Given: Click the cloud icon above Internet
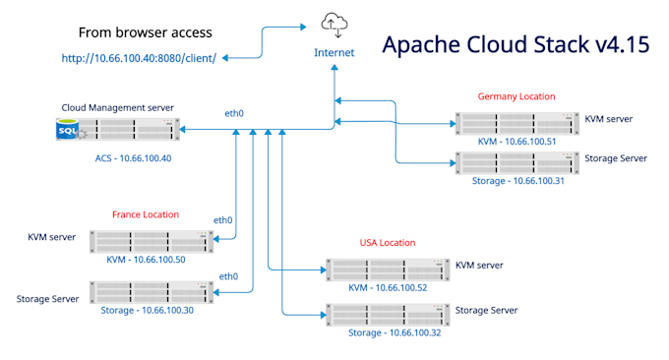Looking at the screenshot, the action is click(x=334, y=25).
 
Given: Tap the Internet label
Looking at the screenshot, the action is click(x=334, y=52).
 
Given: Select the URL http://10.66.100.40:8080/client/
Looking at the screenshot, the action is click(x=139, y=58).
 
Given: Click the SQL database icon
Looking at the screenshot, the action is click(x=68, y=129).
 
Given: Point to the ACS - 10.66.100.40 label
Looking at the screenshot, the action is click(x=133, y=158).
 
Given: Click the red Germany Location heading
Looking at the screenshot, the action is click(x=517, y=96).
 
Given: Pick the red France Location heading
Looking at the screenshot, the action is click(x=146, y=214).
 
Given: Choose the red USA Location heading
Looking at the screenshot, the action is click(x=388, y=243).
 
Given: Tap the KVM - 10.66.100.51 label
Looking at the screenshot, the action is click(x=517, y=142).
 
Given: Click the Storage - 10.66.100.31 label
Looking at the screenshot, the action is click(x=517, y=181).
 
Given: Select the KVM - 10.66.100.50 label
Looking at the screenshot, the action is click(x=146, y=260).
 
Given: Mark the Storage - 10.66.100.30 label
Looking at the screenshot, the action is click(x=148, y=310).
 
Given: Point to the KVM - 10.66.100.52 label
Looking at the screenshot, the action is click(x=388, y=287).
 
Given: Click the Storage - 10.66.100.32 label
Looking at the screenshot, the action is click(x=395, y=332).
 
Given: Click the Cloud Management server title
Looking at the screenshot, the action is click(x=117, y=107).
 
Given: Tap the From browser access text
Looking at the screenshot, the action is click(x=145, y=32).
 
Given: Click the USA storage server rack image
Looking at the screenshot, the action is click(x=388, y=315).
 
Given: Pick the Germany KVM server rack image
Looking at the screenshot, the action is click(x=517, y=124).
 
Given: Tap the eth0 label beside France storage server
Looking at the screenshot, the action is click(x=228, y=276).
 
